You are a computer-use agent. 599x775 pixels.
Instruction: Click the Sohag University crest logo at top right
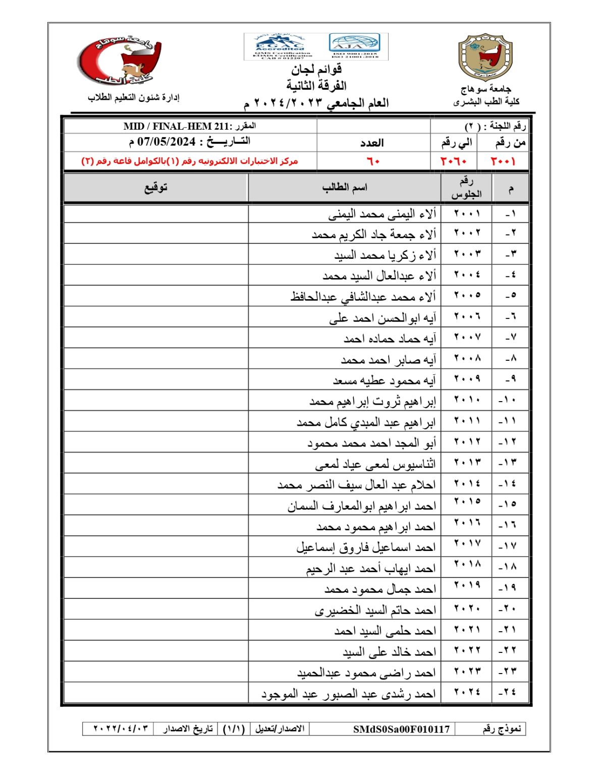point(485,57)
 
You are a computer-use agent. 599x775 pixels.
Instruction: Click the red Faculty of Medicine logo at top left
point(120,60)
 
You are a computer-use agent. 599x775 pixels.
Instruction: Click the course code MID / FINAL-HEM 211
point(176,126)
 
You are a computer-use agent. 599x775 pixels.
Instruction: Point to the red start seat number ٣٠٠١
point(503,161)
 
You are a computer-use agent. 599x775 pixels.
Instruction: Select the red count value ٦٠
point(373,161)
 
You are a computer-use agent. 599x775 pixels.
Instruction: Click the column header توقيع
point(155,188)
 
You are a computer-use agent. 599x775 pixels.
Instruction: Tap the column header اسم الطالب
point(345,188)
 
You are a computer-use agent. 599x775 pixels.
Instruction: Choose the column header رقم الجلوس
point(466,188)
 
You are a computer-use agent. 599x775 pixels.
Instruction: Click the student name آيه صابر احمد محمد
point(388,360)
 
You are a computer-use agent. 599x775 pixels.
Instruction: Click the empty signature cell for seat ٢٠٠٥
point(156,296)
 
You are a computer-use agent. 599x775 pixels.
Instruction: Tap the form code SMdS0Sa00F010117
point(401,729)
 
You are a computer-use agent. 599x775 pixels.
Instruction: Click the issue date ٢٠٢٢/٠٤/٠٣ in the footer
point(121,729)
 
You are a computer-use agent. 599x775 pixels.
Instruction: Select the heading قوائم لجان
point(316,69)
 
